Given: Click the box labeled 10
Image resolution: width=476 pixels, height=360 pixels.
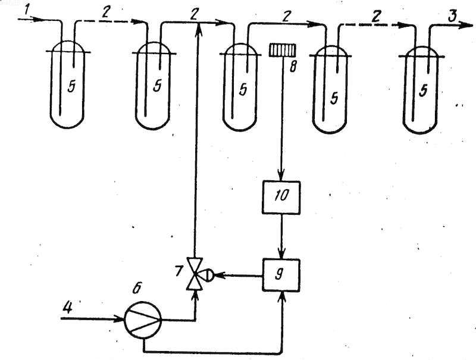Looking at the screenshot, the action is tap(281, 198).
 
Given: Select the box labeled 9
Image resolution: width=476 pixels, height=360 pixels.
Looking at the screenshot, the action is tap(281, 276).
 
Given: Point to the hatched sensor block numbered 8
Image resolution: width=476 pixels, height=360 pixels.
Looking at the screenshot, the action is tap(282, 50).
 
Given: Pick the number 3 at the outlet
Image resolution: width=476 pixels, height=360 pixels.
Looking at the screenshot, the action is tap(452, 16).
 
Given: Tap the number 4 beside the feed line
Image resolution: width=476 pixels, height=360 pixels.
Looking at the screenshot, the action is tap(67, 308).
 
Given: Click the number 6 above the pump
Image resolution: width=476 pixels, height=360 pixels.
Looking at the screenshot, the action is tap(137, 288).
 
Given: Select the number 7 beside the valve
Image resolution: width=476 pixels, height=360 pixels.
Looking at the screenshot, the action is tap(179, 271).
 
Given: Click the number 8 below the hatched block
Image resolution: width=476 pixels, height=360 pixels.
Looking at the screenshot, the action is tap(293, 67).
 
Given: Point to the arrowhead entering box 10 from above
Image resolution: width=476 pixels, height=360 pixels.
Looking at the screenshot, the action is tap(281, 176).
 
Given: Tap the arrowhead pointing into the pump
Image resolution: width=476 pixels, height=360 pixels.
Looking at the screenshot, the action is tap(118, 320).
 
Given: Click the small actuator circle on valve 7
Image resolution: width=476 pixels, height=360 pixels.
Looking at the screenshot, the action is tap(209, 276).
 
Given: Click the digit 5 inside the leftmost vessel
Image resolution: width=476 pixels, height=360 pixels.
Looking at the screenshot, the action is tap(71, 87).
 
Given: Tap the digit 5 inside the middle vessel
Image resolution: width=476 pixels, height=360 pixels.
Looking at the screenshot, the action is tap(243, 89).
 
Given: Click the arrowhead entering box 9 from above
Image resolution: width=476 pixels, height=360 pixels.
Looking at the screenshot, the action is tap(282, 253).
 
